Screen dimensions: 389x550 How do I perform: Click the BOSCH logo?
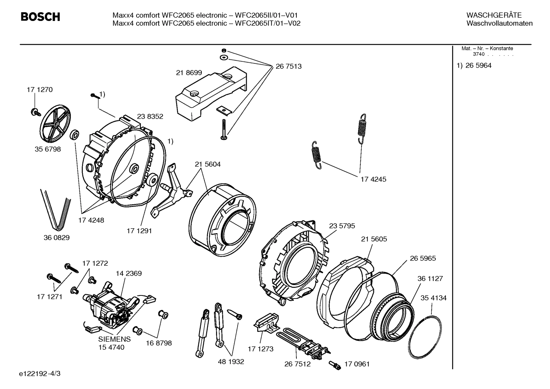coord(40,17)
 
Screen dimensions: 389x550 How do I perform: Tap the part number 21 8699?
coord(189,73)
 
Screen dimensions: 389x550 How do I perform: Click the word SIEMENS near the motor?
coord(114,339)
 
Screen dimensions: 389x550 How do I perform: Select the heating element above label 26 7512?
coord(301,341)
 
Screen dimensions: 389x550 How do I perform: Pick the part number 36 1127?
coord(430,279)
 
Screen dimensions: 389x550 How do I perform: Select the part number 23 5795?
coord(342,226)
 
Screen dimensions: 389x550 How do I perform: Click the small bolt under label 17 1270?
coord(35,112)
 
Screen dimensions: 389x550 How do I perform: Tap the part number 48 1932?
coord(231,362)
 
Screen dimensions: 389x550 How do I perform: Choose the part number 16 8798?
coord(159,343)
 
